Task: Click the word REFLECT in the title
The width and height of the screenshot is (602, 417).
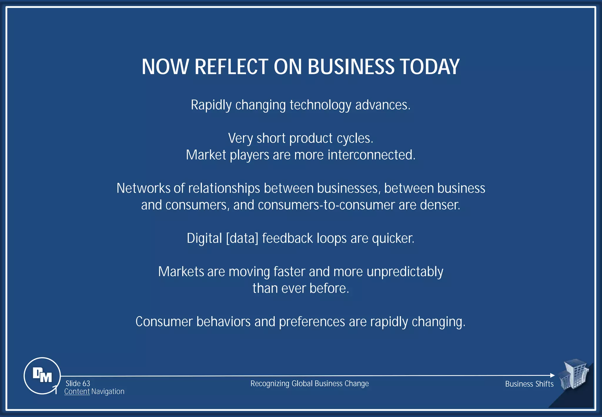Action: tap(231, 67)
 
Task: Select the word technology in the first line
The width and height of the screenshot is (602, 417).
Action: tap(320, 105)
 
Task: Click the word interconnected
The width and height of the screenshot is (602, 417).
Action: tap(371, 155)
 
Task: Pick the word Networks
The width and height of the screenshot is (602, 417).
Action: tap(143, 188)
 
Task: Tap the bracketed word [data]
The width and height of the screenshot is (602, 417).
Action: tap(242, 238)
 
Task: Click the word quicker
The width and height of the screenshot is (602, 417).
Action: tap(393, 238)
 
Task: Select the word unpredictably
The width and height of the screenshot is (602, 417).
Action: tap(405, 272)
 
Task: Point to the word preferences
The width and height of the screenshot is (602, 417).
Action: tap(312, 322)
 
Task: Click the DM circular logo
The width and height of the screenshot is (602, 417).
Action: tap(42, 376)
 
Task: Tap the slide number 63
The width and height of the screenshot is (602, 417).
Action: tap(86, 383)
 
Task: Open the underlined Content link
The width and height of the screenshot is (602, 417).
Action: tap(77, 391)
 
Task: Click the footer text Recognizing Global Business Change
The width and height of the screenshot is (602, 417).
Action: tap(310, 383)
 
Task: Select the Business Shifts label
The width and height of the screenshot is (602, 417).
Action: tap(529, 384)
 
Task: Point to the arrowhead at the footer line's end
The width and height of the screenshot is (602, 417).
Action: tap(552, 375)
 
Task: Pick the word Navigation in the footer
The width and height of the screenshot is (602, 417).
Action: tap(108, 391)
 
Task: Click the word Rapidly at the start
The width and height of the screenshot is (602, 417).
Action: tap(211, 105)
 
